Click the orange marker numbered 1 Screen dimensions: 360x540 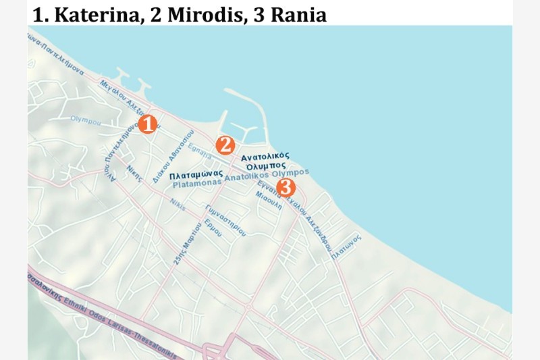pyautogui.click(x=147, y=124)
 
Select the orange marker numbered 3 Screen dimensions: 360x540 pyautogui.click(x=286, y=187)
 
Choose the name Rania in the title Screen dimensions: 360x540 pyautogui.click(x=298, y=15)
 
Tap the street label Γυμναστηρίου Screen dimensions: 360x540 pyautogui.click(x=227, y=218)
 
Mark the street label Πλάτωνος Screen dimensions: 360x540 pyautogui.click(x=346, y=247)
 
